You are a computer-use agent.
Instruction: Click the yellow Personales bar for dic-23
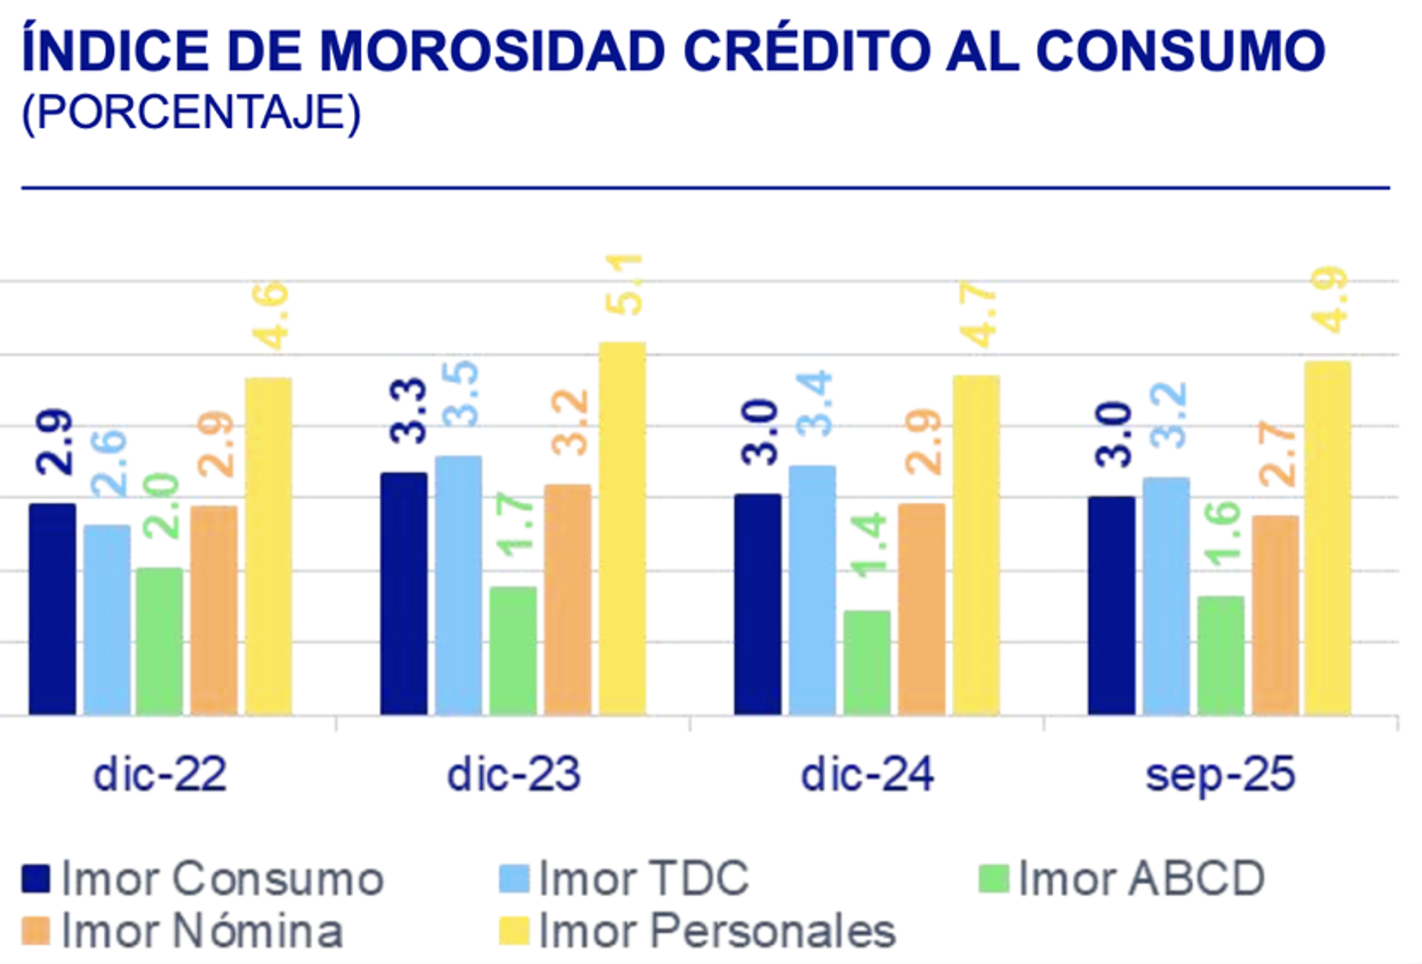tap(622, 529)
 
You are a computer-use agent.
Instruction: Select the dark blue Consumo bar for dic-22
tap(53, 609)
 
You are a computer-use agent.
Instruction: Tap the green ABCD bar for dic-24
tap(868, 663)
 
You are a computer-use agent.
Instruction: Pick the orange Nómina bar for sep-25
tap(1274, 615)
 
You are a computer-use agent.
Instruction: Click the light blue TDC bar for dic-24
tap(812, 590)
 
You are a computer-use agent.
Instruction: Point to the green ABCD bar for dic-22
tap(160, 641)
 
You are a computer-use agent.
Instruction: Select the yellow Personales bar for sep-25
tap(1328, 538)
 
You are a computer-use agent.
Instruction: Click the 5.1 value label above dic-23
tap(625, 285)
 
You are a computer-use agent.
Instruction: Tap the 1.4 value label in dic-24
tap(869, 544)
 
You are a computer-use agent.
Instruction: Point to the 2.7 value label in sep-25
tap(1277, 454)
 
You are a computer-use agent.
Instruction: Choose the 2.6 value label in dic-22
tap(108, 462)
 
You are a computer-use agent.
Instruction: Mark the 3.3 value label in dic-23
tap(408, 411)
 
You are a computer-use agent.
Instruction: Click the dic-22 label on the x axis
tap(160, 775)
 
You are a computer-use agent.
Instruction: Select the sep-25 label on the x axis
tap(1220, 775)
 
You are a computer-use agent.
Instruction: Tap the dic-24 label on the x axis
tap(868, 775)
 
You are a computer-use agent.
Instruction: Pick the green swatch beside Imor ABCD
tap(994, 879)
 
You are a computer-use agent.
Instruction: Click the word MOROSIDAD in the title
tap(491, 51)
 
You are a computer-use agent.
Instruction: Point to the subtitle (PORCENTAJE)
tap(191, 113)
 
